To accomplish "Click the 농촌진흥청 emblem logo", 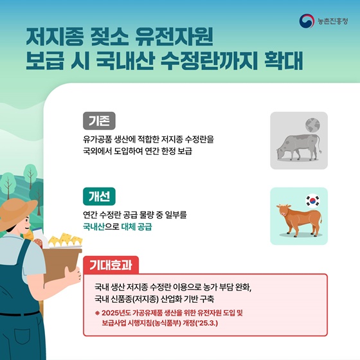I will pos(307,21).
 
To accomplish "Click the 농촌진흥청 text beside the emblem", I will pos(332,21).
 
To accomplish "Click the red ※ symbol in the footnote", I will pos(96,312).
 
